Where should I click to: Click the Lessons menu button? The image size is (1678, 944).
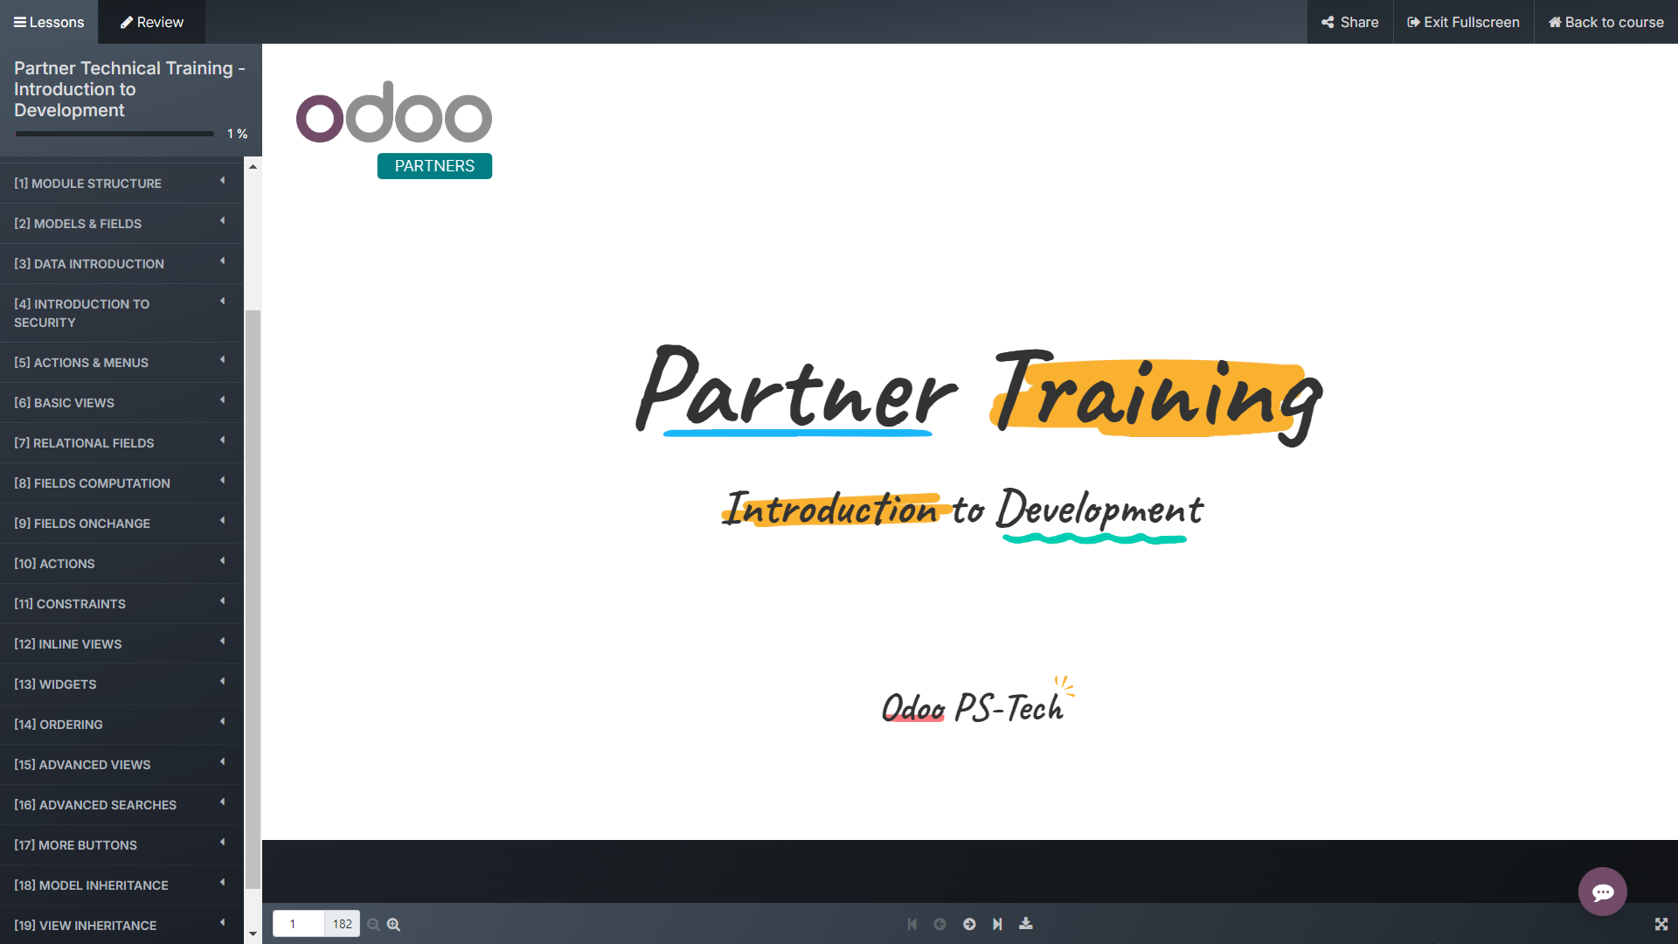pyautogui.click(x=49, y=22)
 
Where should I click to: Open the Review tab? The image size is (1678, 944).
pyautogui.click(x=152, y=22)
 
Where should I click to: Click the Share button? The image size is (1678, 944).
pyautogui.click(x=1350, y=22)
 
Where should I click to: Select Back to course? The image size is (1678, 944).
pyautogui.click(x=1606, y=22)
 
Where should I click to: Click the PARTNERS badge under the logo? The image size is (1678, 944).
pyautogui.click(x=434, y=166)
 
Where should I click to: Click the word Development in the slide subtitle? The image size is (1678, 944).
pyautogui.click(x=1100, y=510)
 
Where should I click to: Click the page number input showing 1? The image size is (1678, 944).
pyautogui.click(x=298, y=924)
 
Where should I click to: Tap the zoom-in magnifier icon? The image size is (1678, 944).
pyautogui.click(x=394, y=924)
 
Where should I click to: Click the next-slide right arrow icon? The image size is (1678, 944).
pyautogui.click(x=969, y=924)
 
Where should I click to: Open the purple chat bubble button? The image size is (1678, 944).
pyautogui.click(x=1602, y=892)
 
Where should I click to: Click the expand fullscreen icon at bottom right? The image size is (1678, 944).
pyautogui.click(x=1661, y=924)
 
